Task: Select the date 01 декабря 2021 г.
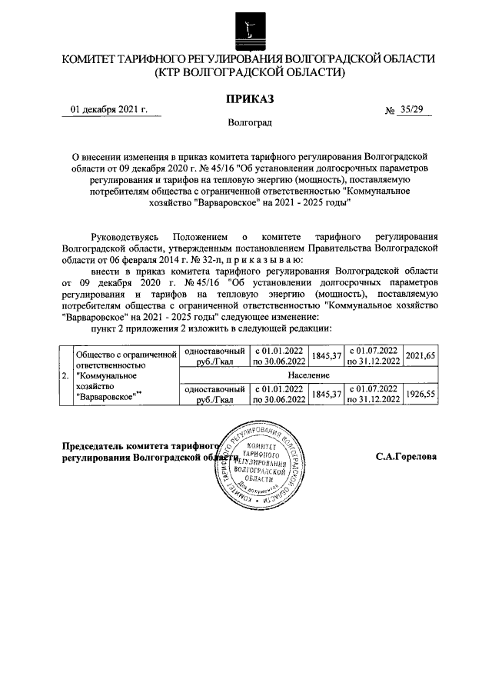coord(108,110)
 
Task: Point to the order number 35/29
coord(411,110)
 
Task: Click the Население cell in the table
coord(310,375)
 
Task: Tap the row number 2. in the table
coord(64,375)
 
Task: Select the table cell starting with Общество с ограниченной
coord(124,375)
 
